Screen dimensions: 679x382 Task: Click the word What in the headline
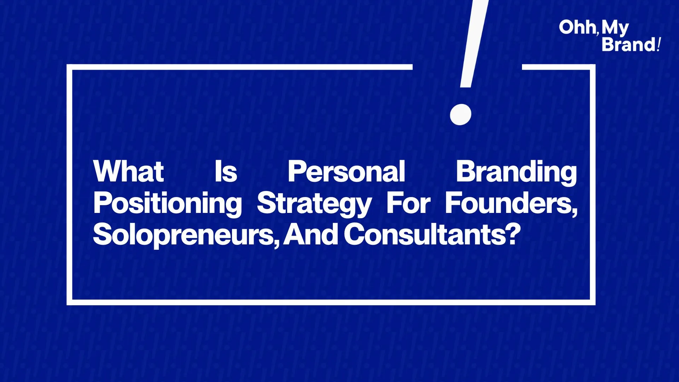(x=128, y=172)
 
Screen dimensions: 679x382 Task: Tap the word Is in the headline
(x=226, y=172)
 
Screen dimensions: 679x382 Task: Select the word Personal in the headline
(x=346, y=172)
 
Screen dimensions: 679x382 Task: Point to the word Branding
(x=516, y=173)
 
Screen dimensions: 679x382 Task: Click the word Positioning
(x=167, y=204)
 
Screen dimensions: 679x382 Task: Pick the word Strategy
(x=314, y=204)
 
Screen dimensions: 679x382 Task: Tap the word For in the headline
(x=408, y=203)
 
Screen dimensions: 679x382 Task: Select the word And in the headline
(x=311, y=234)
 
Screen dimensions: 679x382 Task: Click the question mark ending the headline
(x=513, y=234)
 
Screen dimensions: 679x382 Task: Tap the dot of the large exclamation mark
(x=460, y=114)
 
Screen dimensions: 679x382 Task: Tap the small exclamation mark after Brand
(x=658, y=45)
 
